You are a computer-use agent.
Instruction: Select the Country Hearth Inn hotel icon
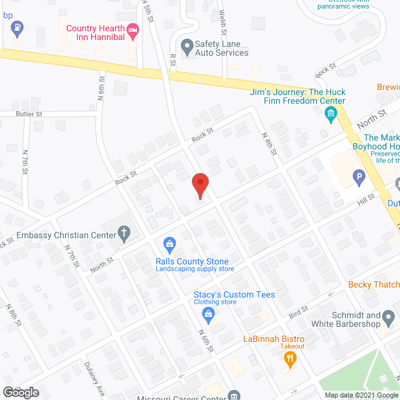[132, 30]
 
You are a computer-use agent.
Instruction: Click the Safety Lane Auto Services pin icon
[186, 45]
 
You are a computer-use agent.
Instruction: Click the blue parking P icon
[359, 179]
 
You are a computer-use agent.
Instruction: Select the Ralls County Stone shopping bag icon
[168, 242]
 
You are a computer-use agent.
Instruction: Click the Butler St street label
[29, 114]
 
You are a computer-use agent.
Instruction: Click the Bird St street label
[299, 309]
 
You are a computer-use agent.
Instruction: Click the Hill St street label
[366, 198]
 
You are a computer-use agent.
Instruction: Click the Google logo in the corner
[21, 392]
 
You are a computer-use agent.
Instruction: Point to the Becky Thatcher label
[374, 284]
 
